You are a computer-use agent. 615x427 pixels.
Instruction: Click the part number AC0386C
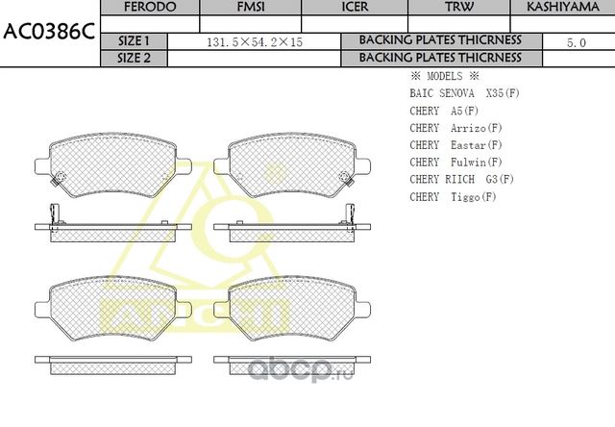pos(48,31)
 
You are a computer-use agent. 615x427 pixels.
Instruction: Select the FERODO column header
pos(151,7)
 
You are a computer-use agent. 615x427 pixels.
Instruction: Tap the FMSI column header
pos(251,7)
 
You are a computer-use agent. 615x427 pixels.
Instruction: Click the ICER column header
pos(355,7)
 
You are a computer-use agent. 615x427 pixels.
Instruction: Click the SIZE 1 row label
pos(134,41)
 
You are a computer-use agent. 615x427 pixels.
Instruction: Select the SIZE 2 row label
pos(134,58)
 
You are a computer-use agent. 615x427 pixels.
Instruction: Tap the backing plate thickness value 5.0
pos(577,42)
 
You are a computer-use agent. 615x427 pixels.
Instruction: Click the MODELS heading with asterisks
pos(444,75)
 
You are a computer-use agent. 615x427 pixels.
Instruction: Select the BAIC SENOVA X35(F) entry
pos(464,93)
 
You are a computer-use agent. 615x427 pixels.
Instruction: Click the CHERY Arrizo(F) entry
pos(456,128)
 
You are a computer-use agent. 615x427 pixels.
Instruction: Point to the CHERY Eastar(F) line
pos(456,145)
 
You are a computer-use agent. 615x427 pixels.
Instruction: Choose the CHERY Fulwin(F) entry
pos(456,163)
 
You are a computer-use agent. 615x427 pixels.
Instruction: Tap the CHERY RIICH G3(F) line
pos(461,179)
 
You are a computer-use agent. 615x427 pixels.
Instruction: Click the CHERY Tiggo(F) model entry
pos(453,196)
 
